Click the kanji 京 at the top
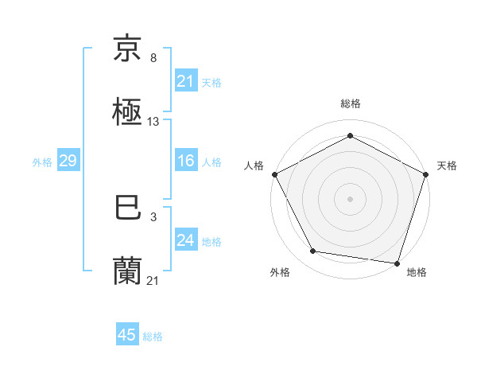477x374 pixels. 128,49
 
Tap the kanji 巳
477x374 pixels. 128,209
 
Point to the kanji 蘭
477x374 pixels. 128,271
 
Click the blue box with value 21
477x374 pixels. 185,80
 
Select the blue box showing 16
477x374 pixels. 185,161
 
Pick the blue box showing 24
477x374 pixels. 185,240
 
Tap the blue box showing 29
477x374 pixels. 68,161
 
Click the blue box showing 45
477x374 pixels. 127,335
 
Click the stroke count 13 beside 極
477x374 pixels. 153,122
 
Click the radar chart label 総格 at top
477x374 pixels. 350,103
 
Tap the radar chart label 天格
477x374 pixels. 448,166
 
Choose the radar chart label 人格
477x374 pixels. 254,166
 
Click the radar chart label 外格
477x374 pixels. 280,272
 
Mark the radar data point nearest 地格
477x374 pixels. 397,263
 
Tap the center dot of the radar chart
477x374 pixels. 350,198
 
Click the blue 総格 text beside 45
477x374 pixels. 153,337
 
